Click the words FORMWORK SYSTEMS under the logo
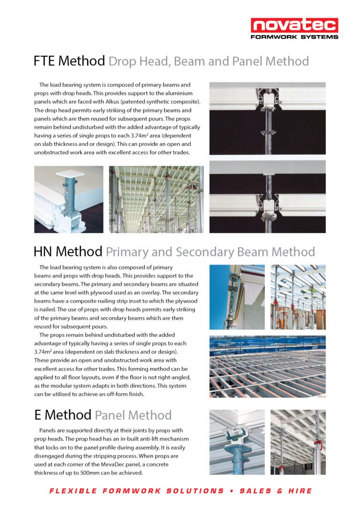coord(294,37)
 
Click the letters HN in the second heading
coord(43,252)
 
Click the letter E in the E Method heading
coord(37,415)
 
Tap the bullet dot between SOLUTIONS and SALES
coord(232,491)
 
